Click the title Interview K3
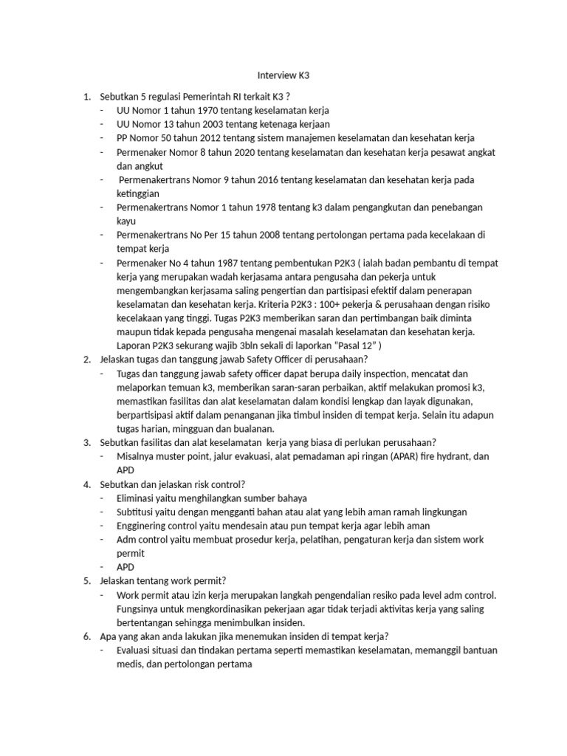[x=283, y=75]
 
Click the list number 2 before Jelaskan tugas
[x=86, y=360]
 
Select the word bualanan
[x=251, y=428]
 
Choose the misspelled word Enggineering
[x=146, y=526]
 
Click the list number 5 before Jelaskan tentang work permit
[x=86, y=580]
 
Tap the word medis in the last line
[x=129, y=664]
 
